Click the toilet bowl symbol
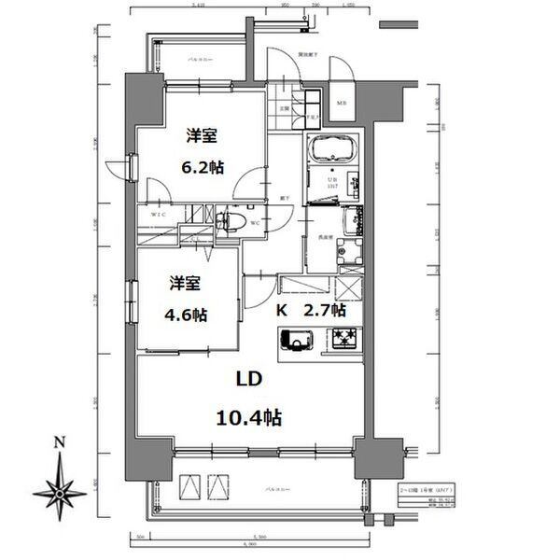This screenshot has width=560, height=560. [x=231, y=223]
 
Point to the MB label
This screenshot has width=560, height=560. [x=341, y=104]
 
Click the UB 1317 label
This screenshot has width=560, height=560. [x=332, y=184]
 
